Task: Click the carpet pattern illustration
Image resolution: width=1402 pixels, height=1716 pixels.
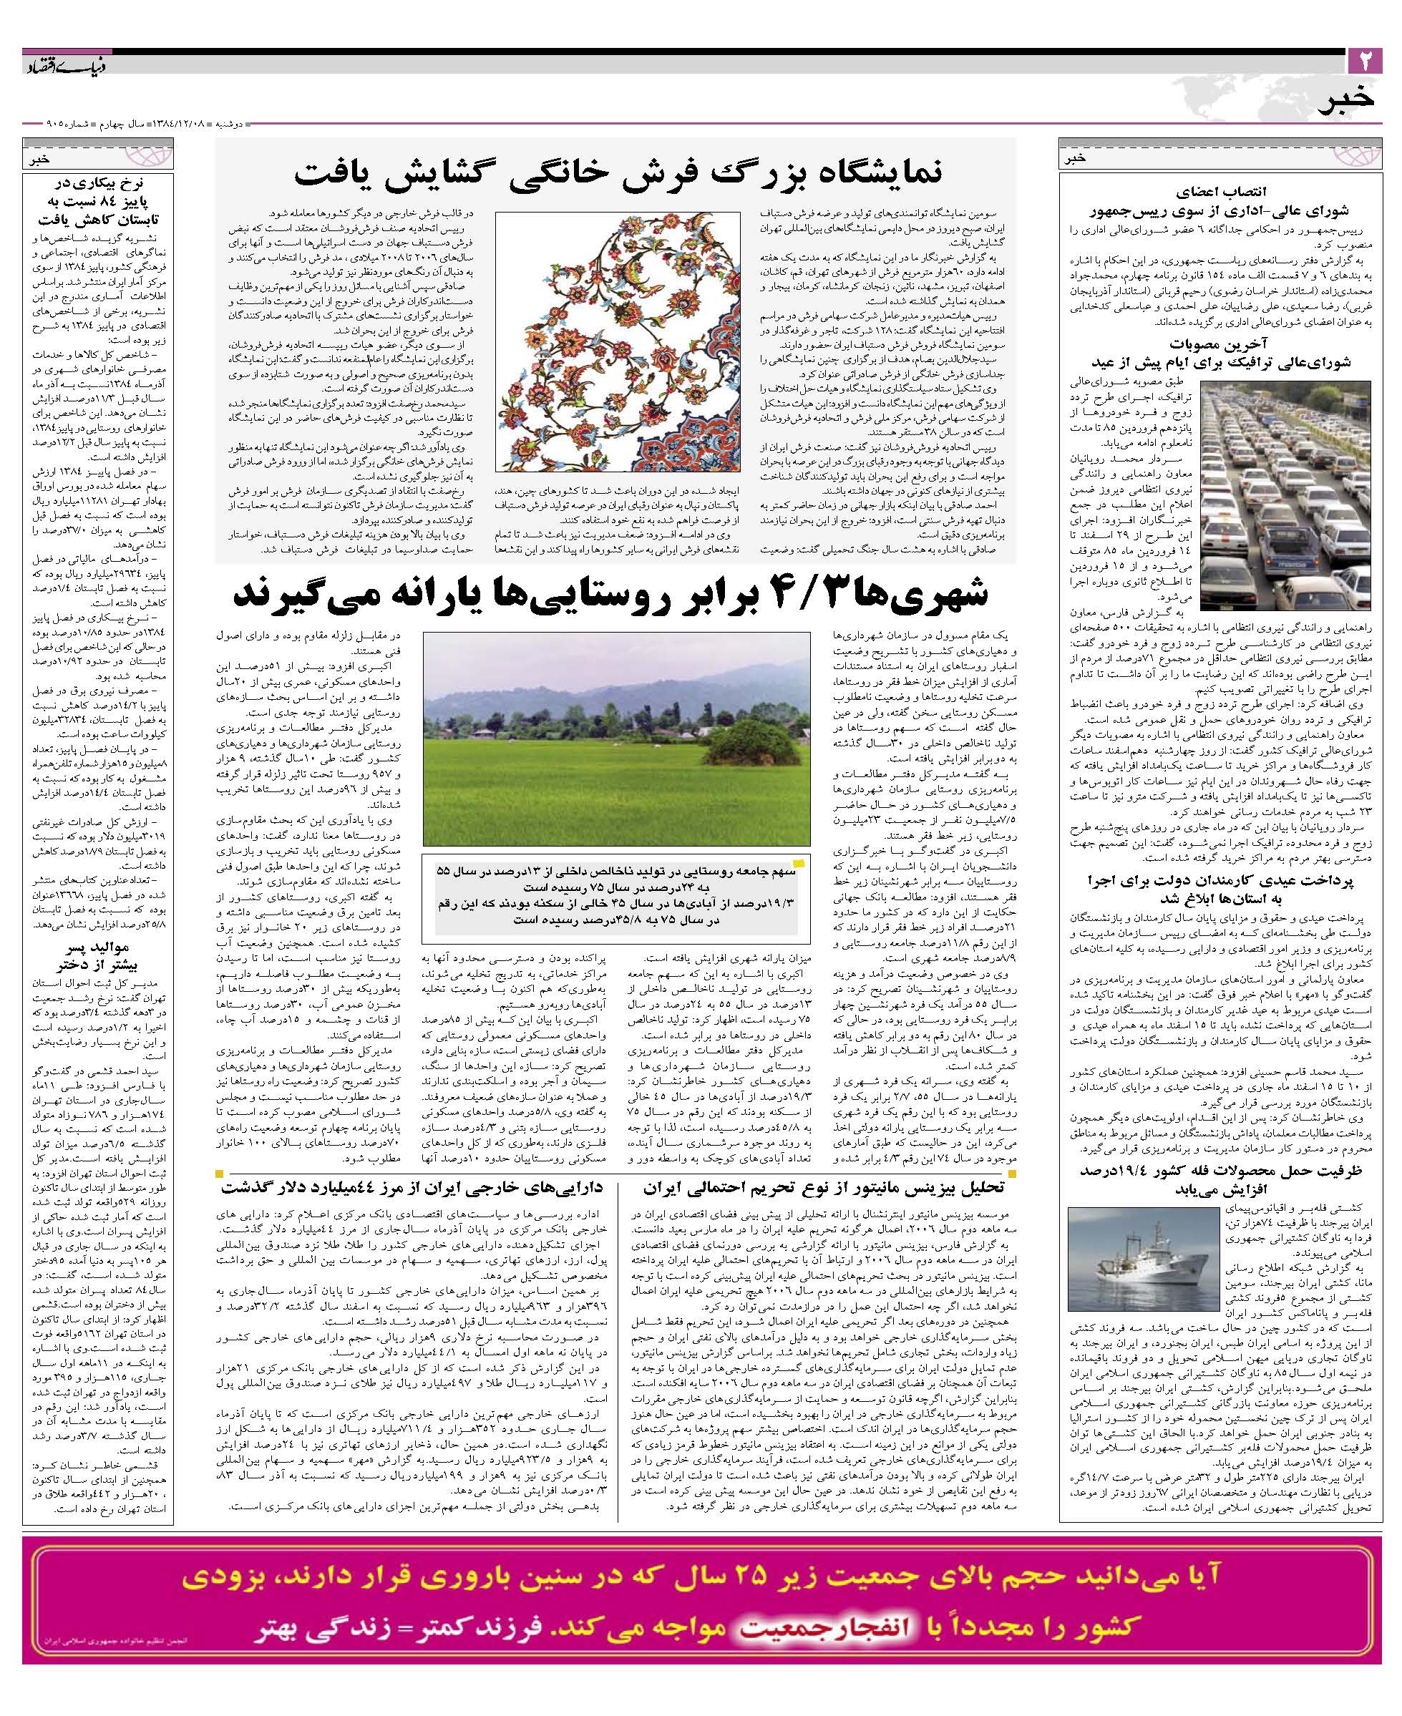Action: (617, 341)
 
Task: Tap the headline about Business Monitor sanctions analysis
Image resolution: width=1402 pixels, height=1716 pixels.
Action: (823, 1189)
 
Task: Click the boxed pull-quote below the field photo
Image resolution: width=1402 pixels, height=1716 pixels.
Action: (615, 897)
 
